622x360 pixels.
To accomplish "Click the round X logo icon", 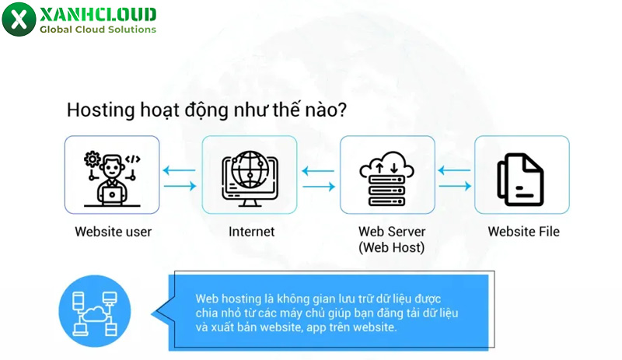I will (19, 19).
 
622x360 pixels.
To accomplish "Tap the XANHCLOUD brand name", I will (97, 14).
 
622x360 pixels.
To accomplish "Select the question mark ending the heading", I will (342, 110).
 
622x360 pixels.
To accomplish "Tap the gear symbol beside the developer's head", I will (93, 159).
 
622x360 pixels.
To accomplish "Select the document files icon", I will (521, 178).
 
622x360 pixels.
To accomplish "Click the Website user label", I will (113, 232).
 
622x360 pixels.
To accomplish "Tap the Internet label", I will (251, 232).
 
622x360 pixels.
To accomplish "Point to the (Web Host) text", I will (391, 248).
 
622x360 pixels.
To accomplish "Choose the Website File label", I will (523, 232).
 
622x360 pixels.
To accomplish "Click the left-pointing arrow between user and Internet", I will (180, 170).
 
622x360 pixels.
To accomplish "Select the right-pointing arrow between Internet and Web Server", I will (319, 186).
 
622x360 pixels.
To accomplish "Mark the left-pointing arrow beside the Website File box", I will (456, 170).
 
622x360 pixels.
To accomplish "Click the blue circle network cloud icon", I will (94, 310).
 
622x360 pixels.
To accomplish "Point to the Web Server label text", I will (391, 232).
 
